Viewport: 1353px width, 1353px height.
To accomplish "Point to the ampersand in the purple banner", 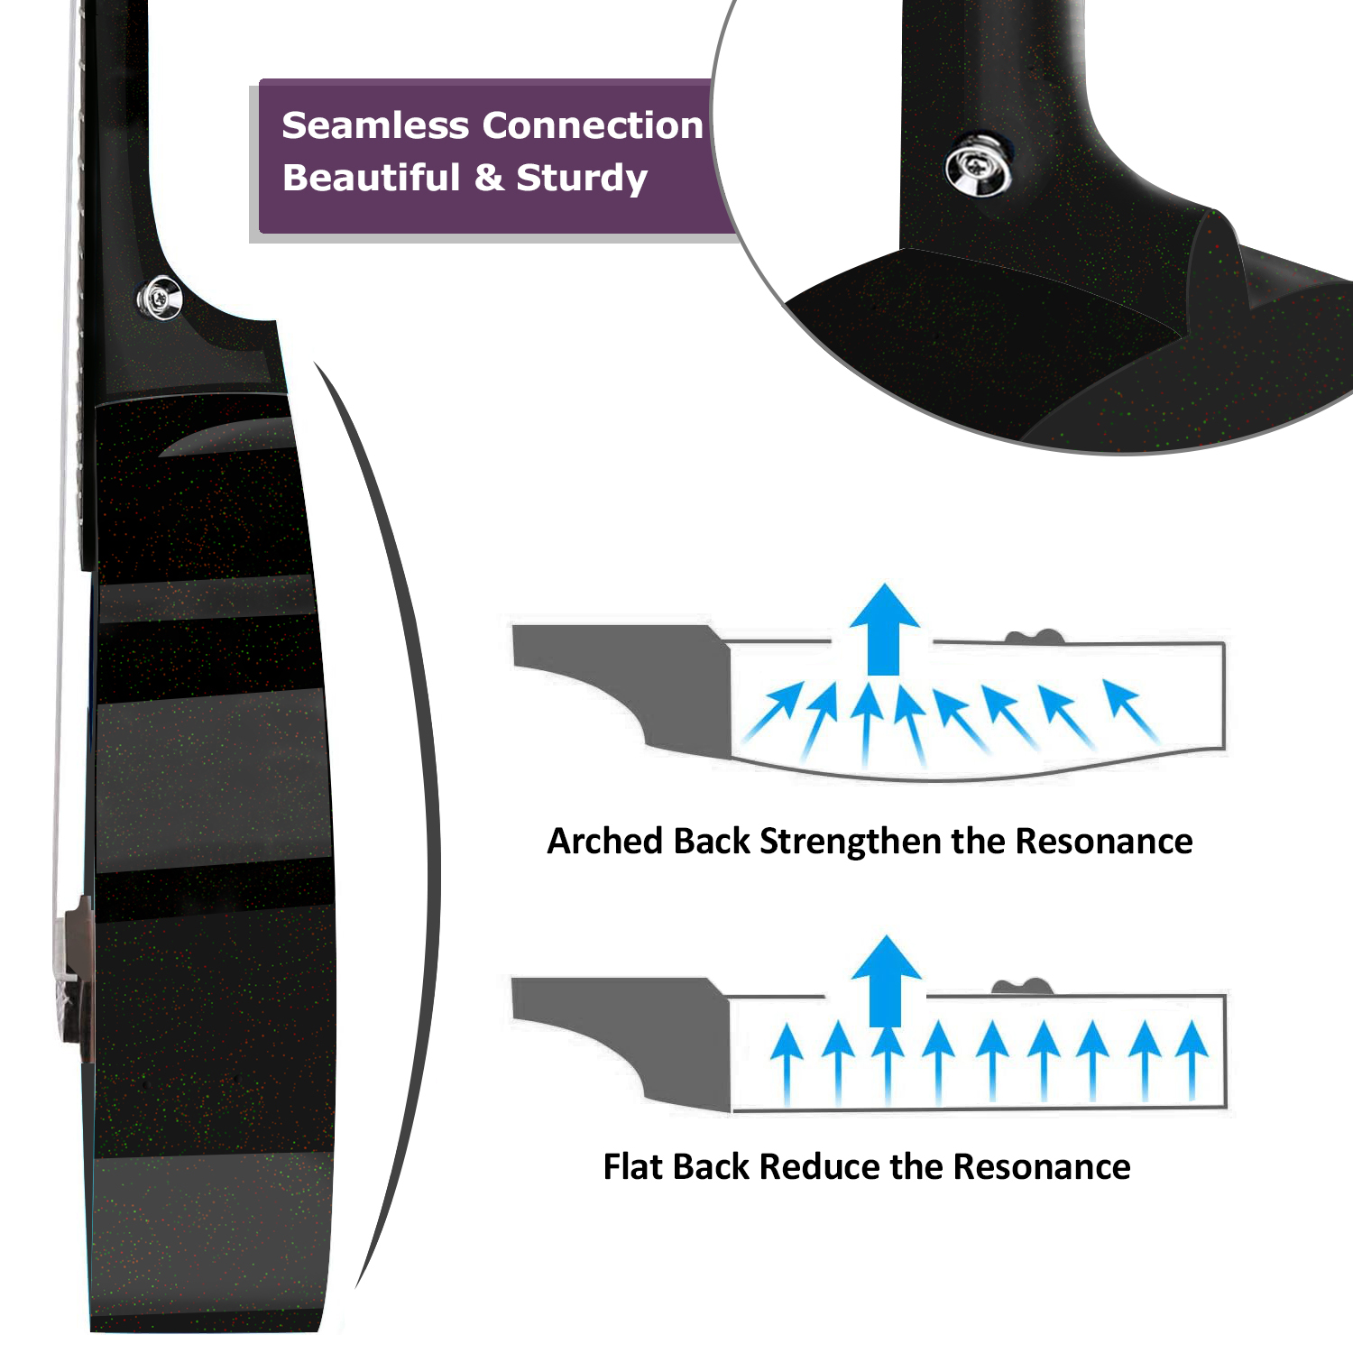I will [x=488, y=178].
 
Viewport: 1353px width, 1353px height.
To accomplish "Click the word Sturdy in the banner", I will [x=582, y=179].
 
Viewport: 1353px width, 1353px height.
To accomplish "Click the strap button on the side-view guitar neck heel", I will [x=159, y=297].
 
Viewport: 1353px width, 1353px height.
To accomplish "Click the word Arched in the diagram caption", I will [x=604, y=842].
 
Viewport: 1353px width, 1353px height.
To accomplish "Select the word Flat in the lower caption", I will [x=632, y=1167].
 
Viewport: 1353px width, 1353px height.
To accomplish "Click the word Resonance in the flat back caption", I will [x=1042, y=1167].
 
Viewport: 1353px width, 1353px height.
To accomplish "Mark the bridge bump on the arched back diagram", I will [x=1035, y=638].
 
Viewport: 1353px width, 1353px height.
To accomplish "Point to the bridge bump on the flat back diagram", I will [x=1022, y=987].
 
